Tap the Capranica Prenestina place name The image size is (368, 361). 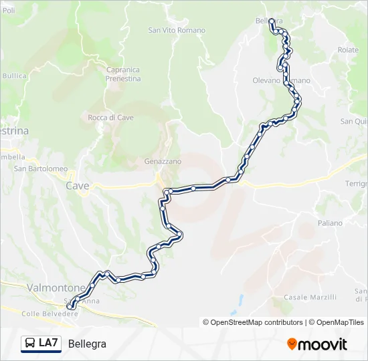pyautogui.click(x=123, y=74)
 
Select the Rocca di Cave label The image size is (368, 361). pyautogui.click(x=111, y=118)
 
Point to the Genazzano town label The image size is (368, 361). pyautogui.click(x=163, y=162)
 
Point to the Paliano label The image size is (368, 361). pyautogui.click(x=331, y=223)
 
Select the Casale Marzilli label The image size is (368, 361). pyautogui.click(x=310, y=297)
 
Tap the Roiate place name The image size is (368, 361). pyautogui.click(x=348, y=50)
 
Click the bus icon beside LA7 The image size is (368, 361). pyautogui.click(x=30, y=344)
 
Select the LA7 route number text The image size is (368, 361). pyautogui.click(x=49, y=344)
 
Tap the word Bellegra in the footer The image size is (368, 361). pyautogui.click(x=87, y=344)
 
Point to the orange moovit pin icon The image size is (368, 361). pyautogui.click(x=292, y=344)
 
